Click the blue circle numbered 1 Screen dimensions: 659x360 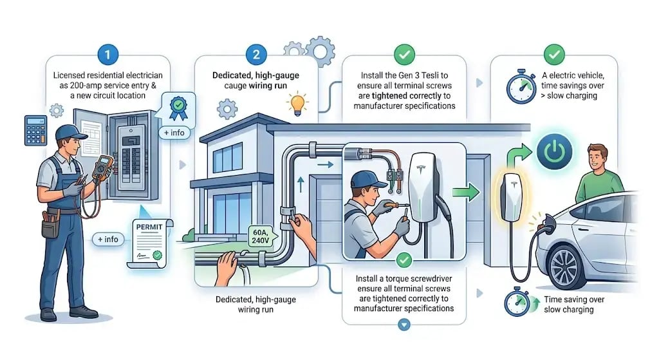(x=107, y=54)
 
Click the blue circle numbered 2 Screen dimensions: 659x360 (x=256, y=54)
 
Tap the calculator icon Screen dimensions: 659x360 (x=36, y=130)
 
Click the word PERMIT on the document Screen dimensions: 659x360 (x=149, y=227)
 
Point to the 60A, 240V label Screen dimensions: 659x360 (x=260, y=236)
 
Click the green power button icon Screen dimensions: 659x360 (x=554, y=151)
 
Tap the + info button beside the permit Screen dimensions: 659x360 (x=108, y=240)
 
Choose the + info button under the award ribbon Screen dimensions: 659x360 (x=174, y=133)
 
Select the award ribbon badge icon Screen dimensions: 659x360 (x=178, y=108)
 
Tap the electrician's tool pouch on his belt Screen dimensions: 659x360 (x=50, y=225)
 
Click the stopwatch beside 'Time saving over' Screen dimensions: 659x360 (x=517, y=302)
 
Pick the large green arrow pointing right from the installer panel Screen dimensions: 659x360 (x=467, y=193)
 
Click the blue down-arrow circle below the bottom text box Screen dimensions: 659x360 (x=404, y=325)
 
